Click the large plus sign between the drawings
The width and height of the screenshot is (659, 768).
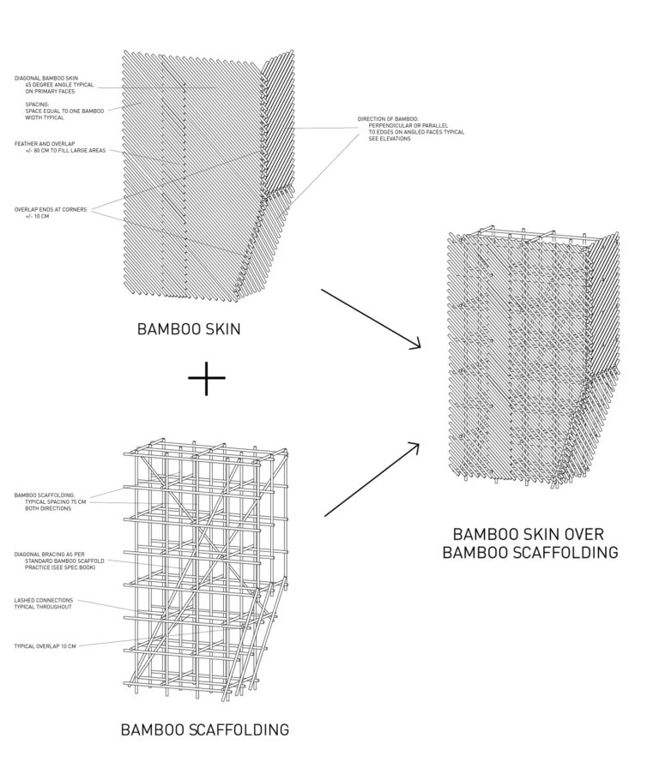(206, 378)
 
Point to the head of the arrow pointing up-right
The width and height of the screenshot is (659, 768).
(420, 444)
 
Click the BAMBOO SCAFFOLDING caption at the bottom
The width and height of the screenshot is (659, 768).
(204, 730)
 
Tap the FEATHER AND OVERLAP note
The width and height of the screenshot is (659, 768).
(39, 143)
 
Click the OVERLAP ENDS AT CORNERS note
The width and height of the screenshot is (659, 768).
(51, 209)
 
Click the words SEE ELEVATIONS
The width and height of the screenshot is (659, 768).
(390, 139)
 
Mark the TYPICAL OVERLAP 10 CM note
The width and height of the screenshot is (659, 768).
(47, 645)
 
